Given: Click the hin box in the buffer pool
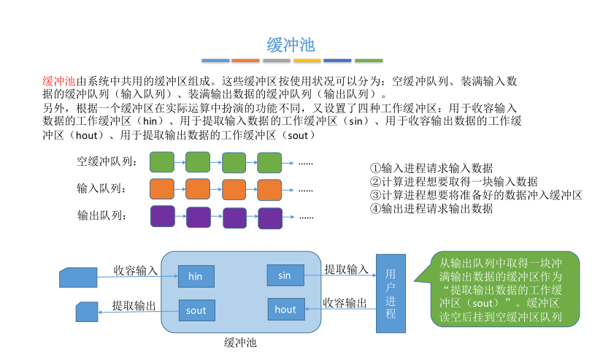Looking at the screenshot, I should coord(196,276).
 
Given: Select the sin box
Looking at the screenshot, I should coord(285,275).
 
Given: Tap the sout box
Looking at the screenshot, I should coord(196,310).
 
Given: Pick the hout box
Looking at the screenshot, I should coord(285,310).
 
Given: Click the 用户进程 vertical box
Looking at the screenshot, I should coord(391,294).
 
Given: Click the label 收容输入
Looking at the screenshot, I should coord(135,270).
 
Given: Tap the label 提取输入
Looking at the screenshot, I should coord(346,269).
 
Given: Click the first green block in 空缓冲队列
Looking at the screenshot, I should coord(161,161).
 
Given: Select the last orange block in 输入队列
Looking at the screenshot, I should coord(270,189).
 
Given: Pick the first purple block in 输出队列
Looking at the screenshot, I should coord(161,216).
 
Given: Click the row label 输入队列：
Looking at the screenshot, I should coord(101,189).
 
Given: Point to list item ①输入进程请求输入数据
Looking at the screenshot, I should coord(431,168).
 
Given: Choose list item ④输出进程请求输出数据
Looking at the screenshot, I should coord(431,208).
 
